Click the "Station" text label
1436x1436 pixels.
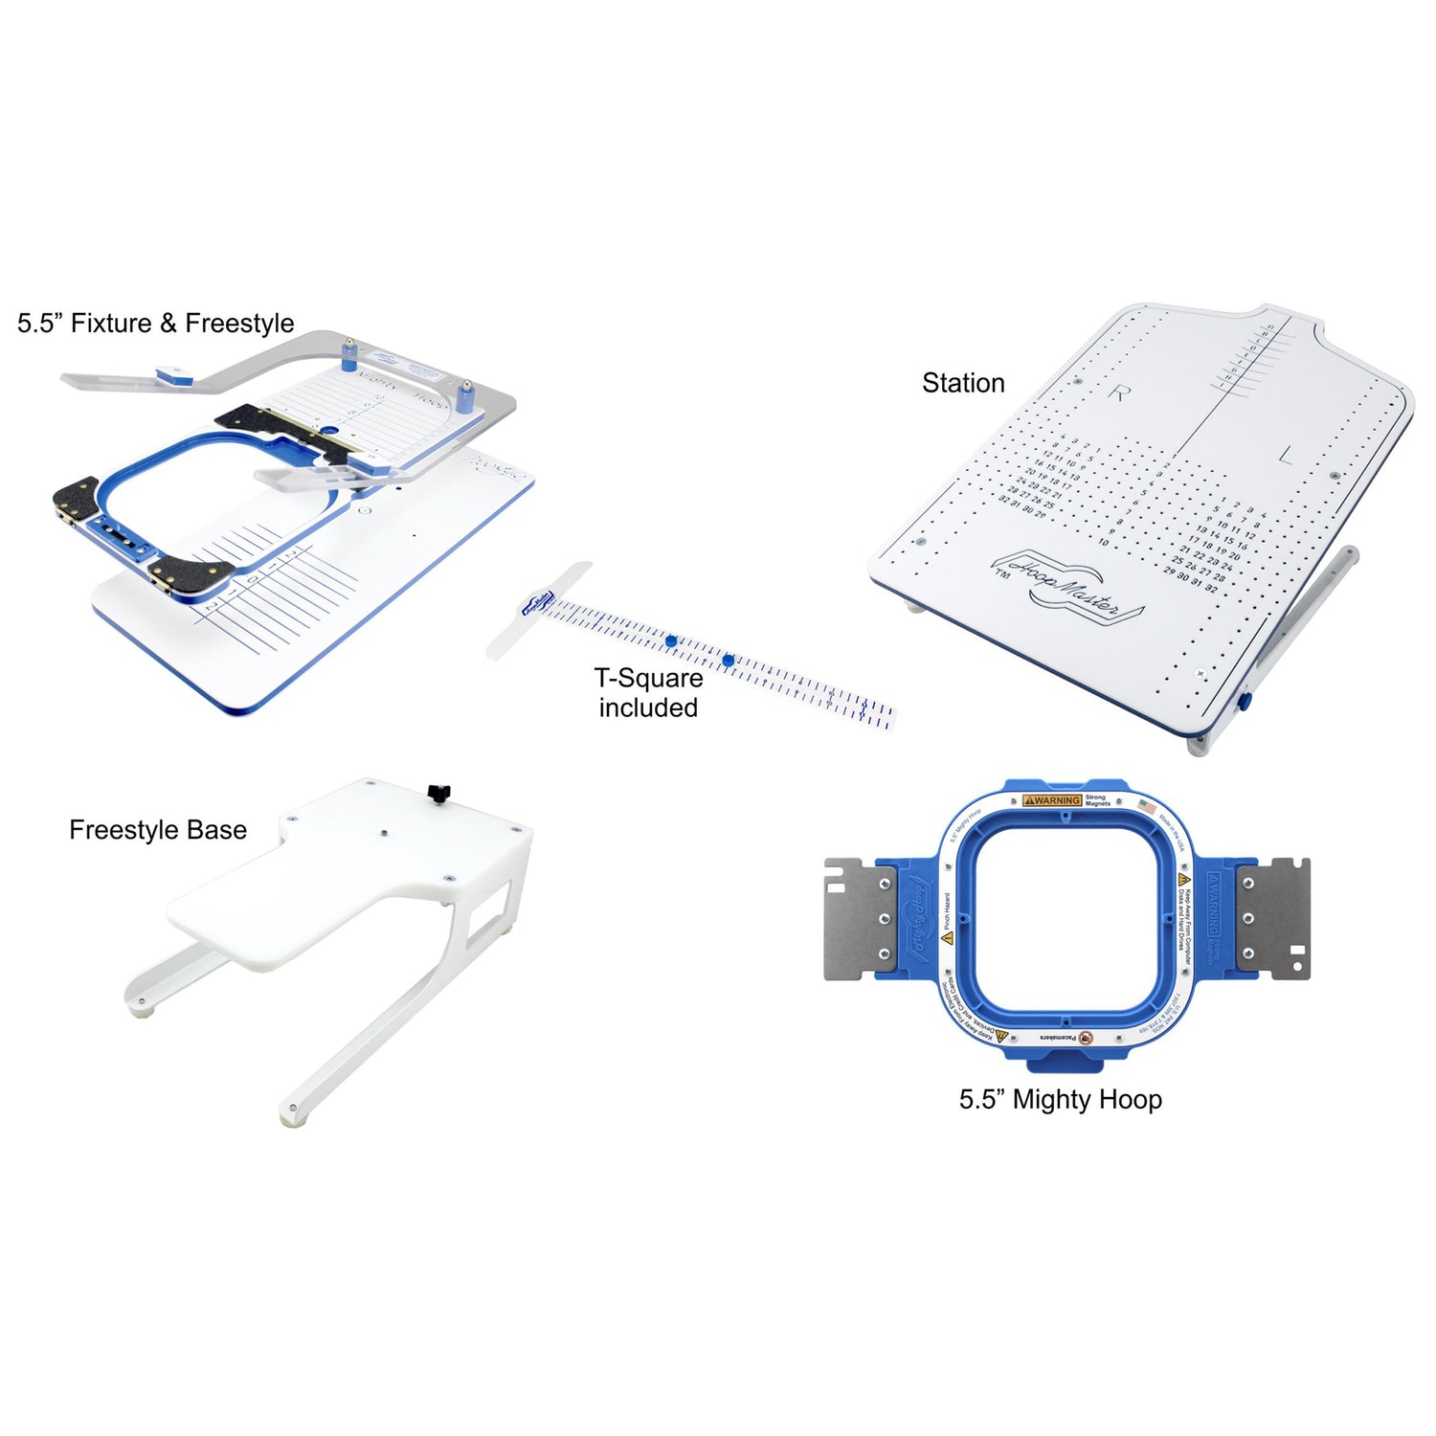pos(963,383)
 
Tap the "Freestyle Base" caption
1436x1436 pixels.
pos(158,830)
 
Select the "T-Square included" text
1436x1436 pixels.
pos(648,693)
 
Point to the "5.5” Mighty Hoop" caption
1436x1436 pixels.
pos(1061,1100)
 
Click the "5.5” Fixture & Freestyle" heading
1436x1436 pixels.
pos(156,324)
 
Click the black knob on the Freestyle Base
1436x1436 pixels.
pos(438,792)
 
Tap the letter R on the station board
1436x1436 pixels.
pos(1118,392)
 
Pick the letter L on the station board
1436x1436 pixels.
pos(1285,457)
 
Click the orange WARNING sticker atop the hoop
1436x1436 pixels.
pos(1052,800)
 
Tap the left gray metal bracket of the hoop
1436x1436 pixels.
pos(860,918)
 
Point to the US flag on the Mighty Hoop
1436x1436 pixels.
pos(1147,807)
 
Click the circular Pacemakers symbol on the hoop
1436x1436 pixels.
pos(1086,1038)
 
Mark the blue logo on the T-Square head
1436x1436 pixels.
pos(538,603)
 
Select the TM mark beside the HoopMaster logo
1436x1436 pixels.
pos(1002,573)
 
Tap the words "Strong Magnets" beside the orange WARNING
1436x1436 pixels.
pos(1097,800)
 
